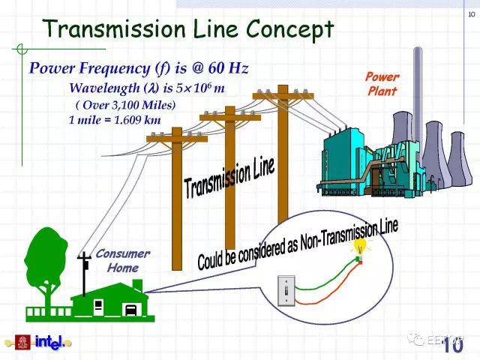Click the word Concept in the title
click(x=289, y=29)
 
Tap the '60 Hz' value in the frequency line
click(x=228, y=68)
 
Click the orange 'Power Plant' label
click(x=382, y=84)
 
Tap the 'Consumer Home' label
click(x=123, y=261)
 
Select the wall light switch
click(x=286, y=290)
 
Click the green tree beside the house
click(x=46, y=266)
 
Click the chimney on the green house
click(x=137, y=285)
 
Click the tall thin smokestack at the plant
click(x=418, y=101)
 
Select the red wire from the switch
click(x=328, y=290)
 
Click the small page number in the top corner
click(x=472, y=14)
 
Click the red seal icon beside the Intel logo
click(x=23, y=343)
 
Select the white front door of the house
click(x=98, y=307)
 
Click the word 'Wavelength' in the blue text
click(x=105, y=88)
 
